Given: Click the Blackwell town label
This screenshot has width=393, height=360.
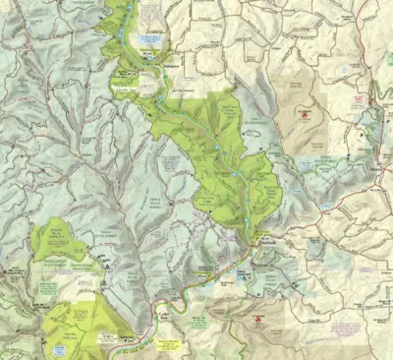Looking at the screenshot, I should (x=257, y=241).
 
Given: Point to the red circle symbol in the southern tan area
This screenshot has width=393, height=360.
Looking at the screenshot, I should (x=258, y=321).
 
